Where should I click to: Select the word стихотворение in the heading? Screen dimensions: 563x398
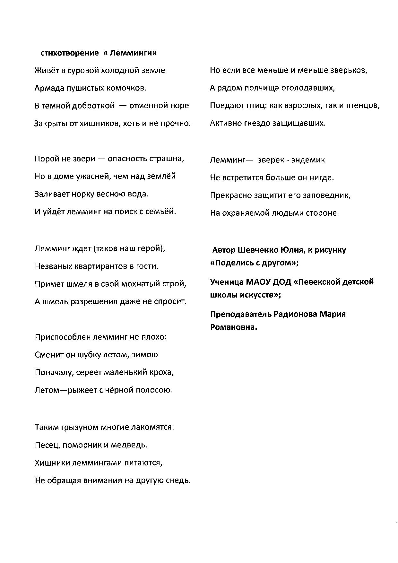click(x=70, y=53)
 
